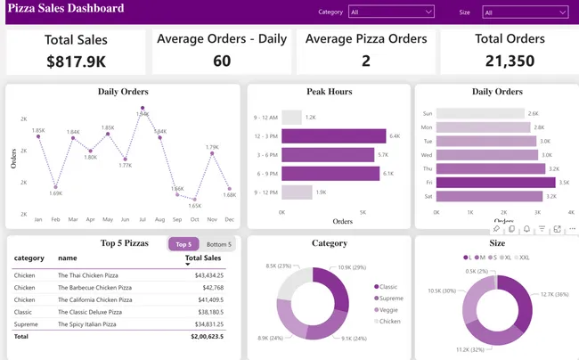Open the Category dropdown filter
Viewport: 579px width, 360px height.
pyautogui.click(x=391, y=12)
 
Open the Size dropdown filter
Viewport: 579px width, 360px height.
pyautogui.click(x=524, y=12)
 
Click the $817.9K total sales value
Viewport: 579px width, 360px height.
pyautogui.click(x=76, y=61)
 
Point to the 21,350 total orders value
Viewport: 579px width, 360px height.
pyautogui.click(x=509, y=61)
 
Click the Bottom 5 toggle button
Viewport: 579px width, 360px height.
pyautogui.click(x=219, y=244)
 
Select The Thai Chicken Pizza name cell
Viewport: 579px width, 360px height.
pyautogui.click(x=90, y=275)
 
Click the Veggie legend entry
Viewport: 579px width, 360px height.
pyautogui.click(x=390, y=308)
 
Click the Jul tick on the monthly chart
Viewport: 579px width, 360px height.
pyautogui.click(x=143, y=218)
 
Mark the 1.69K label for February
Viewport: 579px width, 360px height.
pyautogui.click(x=55, y=192)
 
